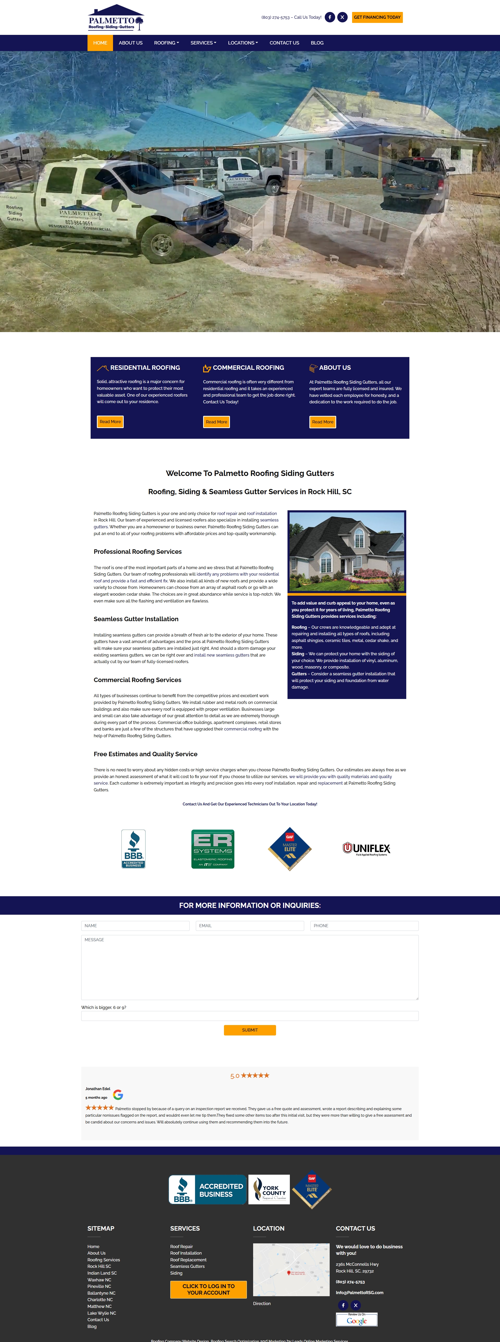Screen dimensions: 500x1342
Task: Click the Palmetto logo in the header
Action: [116, 18]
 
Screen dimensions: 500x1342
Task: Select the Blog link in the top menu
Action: [317, 43]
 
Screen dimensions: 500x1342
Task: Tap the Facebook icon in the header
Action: [329, 17]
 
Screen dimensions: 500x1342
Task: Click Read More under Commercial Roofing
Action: [216, 422]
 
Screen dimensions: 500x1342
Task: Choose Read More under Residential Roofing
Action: [110, 422]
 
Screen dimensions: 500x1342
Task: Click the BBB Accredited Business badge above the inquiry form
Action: [134, 849]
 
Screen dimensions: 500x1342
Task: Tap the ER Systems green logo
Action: [213, 849]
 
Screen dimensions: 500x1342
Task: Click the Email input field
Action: [250, 926]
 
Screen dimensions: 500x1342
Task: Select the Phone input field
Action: [364, 926]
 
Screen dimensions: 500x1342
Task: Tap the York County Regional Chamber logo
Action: [269, 1189]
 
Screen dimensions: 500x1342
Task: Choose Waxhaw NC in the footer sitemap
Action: [99, 1280]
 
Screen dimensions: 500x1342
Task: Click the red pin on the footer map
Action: [289, 1273]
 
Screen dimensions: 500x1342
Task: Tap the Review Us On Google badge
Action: [357, 1319]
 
